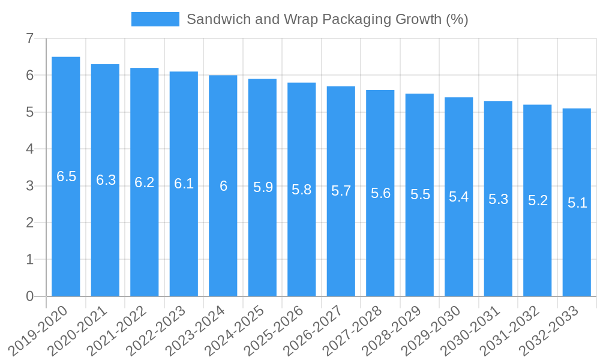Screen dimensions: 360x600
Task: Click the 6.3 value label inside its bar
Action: click(x=106, y=180)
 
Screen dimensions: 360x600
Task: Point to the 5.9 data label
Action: click(x=263, y=187)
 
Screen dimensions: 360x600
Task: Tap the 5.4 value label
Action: click(x=459, y=197)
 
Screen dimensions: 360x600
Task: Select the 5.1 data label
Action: click(x=577, y=203)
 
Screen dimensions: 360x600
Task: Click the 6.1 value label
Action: click(x=184, y=184)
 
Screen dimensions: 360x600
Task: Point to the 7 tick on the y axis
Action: click(x=29, y=38)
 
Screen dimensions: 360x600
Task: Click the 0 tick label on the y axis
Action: click(x=29, y=296)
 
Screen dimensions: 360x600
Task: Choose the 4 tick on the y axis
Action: click(x=29, y=149)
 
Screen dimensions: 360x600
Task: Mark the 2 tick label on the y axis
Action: click(x=29, y=223)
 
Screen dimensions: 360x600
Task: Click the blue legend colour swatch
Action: click(x=155, y=19)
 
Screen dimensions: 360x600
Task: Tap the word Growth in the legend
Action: click(x=419, y=19)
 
